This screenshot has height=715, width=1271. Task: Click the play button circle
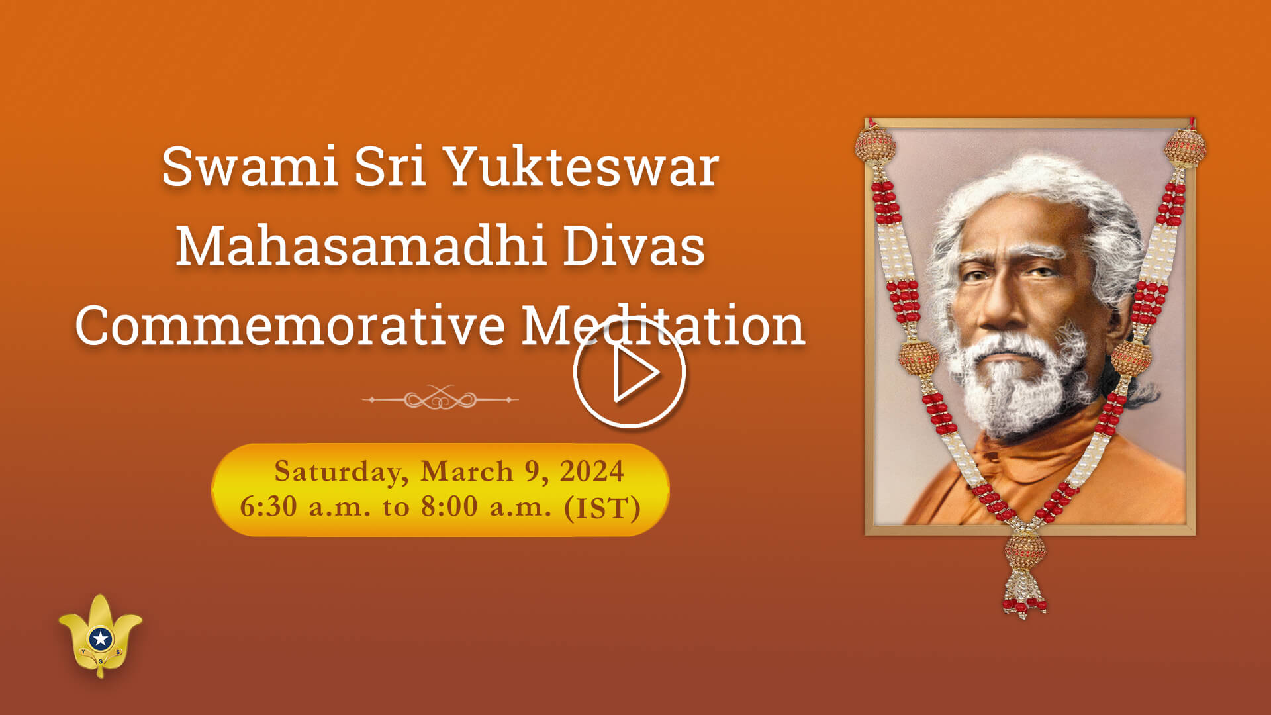point(629,373)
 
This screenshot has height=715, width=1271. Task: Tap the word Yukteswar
point(581,166)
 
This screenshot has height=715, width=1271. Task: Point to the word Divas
point(634,246)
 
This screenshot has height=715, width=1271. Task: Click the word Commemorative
point(290,326)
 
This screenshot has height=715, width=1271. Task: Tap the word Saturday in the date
point(337,471)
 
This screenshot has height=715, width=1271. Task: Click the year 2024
point(591,471)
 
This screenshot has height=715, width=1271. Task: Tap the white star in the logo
point(101,639)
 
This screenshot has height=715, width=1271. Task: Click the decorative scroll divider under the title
point(440,399)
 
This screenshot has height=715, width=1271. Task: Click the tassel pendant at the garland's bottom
point(1024,576)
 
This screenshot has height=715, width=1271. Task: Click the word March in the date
point(467,471)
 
